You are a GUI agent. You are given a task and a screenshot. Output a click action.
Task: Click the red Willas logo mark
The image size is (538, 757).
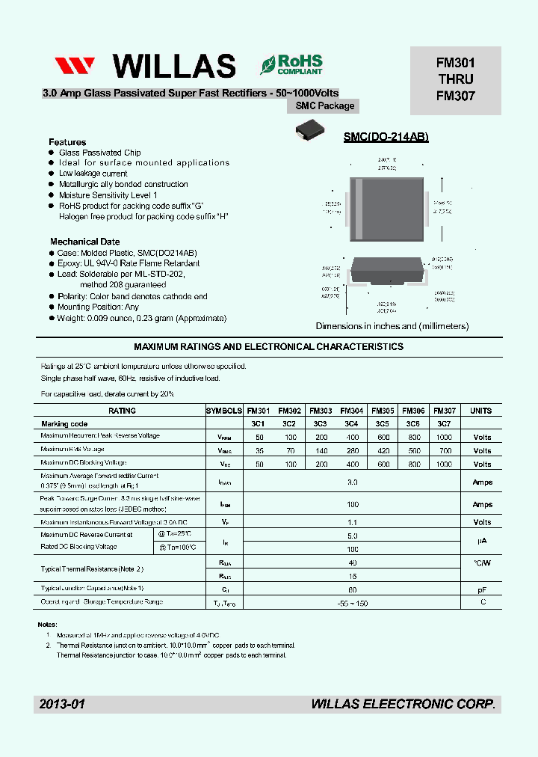[x=74, y=66]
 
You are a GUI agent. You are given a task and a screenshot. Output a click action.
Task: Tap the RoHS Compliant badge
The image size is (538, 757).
[x=291, y=64]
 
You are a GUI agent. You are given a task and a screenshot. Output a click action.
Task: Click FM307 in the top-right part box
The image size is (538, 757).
[x=456, y=96]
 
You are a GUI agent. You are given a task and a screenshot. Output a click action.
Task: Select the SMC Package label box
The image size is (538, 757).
[x=326, y=105]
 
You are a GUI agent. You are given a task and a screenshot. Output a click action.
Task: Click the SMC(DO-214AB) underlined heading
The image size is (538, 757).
[x=386, y=138]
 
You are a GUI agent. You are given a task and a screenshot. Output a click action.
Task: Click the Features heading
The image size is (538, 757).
[x=67, y=142]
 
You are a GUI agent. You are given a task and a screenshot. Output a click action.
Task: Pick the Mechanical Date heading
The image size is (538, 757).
[x=84, y=242]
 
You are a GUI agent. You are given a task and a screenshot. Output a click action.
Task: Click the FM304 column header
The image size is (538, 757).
[x=352, y=411]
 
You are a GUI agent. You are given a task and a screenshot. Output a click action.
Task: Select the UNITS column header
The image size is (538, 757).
[x=481, y=411]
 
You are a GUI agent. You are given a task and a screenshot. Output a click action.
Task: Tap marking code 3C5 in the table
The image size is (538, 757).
[x=383, y=423]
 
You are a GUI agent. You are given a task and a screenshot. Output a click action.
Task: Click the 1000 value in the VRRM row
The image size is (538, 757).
[x=444, y=436]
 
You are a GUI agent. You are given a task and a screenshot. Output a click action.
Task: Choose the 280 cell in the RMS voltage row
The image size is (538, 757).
[x=352, y=450]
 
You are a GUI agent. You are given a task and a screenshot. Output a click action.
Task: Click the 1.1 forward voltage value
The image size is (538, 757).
[x=353, y=522]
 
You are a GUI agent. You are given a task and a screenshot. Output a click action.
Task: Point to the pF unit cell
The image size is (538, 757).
[x=482, y=589]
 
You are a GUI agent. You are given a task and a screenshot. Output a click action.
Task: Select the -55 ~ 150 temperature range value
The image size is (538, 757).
[x=353, y=603]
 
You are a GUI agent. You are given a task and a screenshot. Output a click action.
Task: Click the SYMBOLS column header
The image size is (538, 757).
[x=224, y=411]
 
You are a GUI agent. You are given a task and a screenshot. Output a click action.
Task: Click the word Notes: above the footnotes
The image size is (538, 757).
[x=47, y=624]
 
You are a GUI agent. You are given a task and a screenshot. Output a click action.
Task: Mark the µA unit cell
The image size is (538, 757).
[x=482, y=542]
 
